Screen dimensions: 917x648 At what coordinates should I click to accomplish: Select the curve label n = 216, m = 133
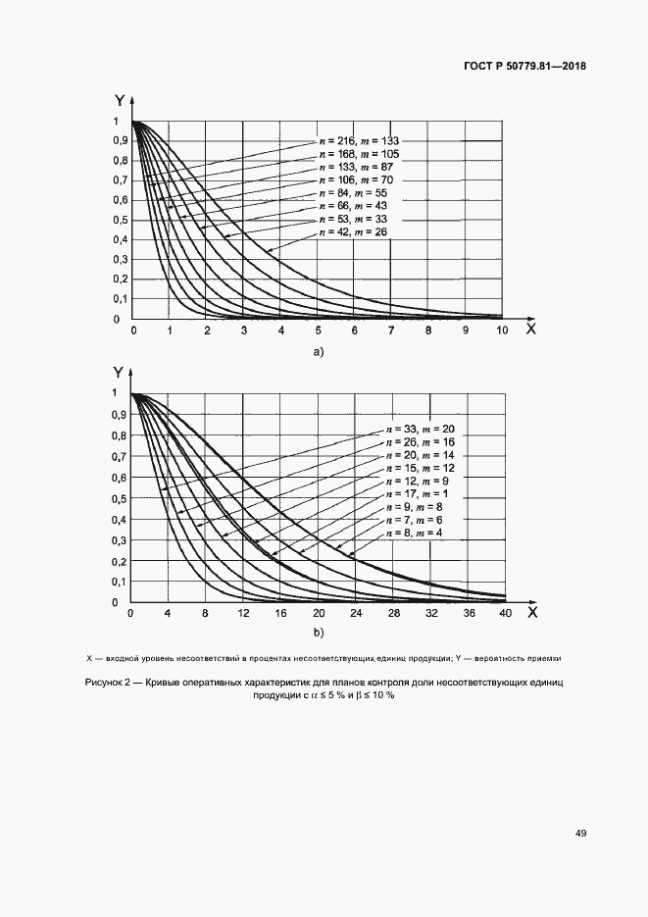point(359,141)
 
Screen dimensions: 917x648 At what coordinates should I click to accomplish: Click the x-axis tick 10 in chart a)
point(501,332)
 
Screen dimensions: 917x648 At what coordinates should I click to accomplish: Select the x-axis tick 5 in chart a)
point(318,332)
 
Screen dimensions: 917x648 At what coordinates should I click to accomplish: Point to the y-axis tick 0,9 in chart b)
point(119,415)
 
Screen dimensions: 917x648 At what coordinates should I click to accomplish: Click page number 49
point(580,833)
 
